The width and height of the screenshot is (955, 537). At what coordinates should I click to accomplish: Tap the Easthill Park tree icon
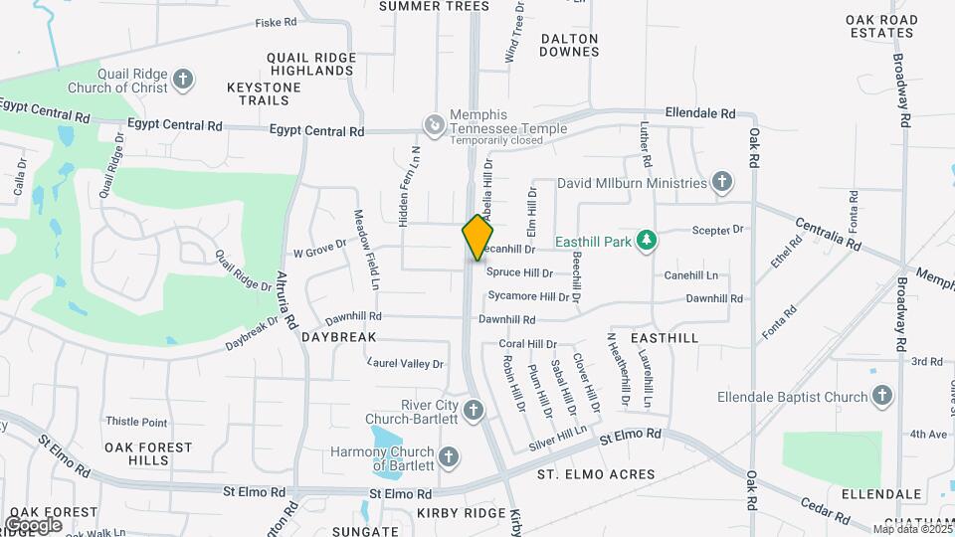point(648,240)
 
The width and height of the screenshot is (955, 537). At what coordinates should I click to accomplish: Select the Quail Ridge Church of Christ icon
point(182,80)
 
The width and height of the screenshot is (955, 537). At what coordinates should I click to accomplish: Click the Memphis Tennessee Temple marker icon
point(435,124)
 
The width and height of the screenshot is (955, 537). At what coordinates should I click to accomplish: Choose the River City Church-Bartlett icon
point(474,410)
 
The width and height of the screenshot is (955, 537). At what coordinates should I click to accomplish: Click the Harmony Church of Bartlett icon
point(449,458)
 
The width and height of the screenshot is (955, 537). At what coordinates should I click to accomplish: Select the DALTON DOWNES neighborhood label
point(569,45)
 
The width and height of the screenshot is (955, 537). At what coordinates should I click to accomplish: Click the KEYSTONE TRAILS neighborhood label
point(264,93)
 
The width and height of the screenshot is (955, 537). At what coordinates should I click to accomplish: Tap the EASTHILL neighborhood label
point(665,338)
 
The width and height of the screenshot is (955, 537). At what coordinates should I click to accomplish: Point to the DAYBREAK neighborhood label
point(339,337)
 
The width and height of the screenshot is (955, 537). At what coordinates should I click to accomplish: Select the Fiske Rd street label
point(276,22)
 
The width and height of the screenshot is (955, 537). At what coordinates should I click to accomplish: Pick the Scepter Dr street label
point(717,230)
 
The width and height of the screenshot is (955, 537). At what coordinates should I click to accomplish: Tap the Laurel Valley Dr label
point(405,364)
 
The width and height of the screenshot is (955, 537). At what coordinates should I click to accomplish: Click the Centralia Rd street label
point(826,232)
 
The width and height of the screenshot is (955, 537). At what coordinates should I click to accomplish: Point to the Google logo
point(34,524)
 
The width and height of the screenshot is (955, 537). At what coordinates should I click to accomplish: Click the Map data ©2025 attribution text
point(913,529)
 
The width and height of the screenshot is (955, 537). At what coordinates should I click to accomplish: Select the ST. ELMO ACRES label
point(596,474)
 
